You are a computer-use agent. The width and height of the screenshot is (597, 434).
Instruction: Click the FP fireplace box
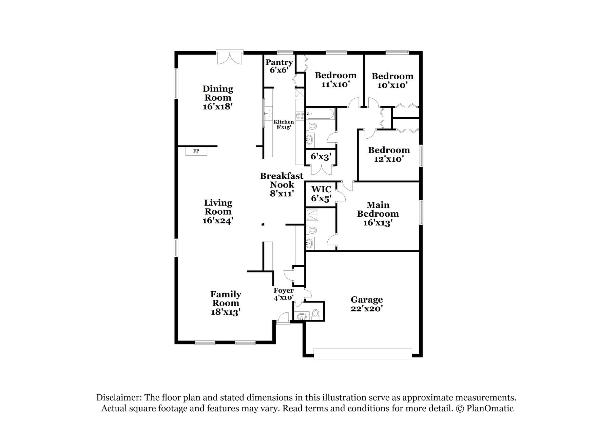click(196, 151)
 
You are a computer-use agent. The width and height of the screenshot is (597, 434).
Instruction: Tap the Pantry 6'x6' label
click(279, 66)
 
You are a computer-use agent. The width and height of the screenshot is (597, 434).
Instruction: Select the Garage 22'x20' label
click(367, 304)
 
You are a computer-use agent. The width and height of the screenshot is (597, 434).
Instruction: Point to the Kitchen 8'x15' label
click(284, 124)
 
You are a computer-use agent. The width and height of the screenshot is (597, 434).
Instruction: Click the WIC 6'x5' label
click(321, 194)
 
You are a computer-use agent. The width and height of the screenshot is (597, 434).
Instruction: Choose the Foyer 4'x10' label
click(284, 294)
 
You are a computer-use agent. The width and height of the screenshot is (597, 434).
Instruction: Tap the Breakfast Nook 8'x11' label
click(282, 185)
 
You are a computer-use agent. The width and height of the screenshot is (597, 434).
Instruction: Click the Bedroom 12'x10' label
click(389, 154)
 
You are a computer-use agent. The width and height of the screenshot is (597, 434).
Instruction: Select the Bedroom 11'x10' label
click(335, 80)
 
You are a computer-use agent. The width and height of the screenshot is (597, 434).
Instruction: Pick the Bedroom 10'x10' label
click(392, 80)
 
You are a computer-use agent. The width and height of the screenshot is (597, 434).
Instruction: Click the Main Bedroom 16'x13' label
click(378, 214)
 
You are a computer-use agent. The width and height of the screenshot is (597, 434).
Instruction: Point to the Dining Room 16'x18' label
click(218, 98)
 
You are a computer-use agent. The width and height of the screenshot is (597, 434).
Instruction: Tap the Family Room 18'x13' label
click(226, 303)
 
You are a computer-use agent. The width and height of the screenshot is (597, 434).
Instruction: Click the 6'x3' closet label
click(321, 157)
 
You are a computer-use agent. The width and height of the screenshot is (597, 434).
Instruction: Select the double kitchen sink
click(269, 113)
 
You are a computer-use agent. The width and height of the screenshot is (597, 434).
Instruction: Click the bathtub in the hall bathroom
click(321, 114)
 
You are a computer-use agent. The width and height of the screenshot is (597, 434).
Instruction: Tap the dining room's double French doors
click(230, 57)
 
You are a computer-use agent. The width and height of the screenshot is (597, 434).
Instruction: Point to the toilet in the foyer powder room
click(316, 313)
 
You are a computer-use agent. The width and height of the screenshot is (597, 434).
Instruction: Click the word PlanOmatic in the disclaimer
click(490, 409)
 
